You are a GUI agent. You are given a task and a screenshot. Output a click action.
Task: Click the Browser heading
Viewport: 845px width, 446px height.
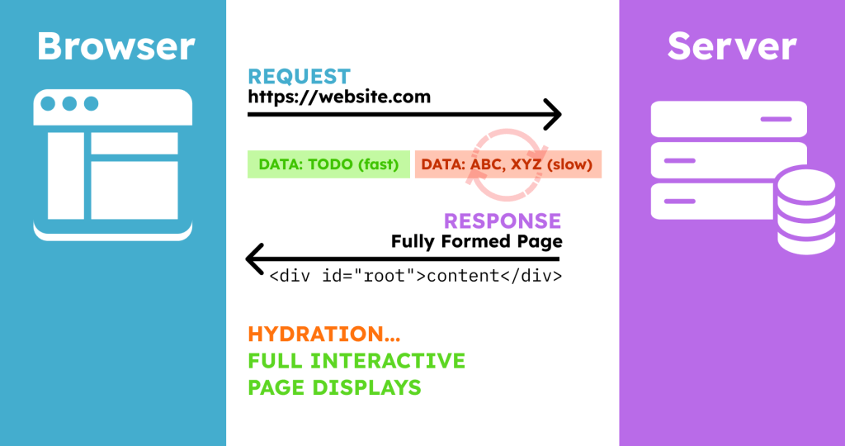pyautogui.click(x=116, y=46)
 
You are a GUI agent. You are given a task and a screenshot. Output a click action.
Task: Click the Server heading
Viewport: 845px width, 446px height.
pyautogui.click(x=732, y=46)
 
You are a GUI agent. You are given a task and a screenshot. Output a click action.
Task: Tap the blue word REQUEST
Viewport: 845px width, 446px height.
pyautogui.click(x=299, y=77)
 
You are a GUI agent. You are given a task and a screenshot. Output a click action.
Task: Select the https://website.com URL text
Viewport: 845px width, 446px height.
pyautogui.click(x=339, y=97)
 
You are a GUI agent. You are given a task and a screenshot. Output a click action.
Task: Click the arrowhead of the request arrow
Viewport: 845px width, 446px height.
pyautogui.click(x=554, y=114)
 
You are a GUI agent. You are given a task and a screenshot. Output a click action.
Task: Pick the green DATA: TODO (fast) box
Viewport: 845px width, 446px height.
pyautogui.click(x=328, y=164)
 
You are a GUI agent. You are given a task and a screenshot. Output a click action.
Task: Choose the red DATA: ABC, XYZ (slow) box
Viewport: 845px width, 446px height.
pyautogui.click(x=508, y=164)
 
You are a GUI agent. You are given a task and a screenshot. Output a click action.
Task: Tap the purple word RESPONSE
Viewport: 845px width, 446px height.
pyautogui.click(x=503, y=221)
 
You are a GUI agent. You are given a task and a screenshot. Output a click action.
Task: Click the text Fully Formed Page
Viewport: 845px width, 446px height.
pyautogui.click(x=476, y=241)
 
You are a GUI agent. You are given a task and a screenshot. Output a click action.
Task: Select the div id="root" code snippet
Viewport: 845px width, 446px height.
pyautogui.click(x=416, y=276)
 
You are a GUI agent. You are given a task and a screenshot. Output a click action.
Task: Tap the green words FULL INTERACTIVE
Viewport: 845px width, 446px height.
pyautogui.click(x=356, y=361)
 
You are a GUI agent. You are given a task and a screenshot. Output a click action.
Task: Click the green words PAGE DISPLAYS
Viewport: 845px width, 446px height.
pyautogui.click(x=335, y=387)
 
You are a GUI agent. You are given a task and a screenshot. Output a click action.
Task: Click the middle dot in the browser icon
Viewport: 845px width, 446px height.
pyautogui.click(x=69, y=103)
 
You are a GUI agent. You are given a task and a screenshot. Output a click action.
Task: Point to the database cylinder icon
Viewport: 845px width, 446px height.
pyautogui.click(x=806, y=211)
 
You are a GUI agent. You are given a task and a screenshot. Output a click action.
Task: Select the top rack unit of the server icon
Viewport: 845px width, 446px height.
pyautogui.click(x=729, y=119)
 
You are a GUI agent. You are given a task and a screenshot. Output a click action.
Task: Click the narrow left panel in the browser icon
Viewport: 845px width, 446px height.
pyautogui.click(x=66, y=176)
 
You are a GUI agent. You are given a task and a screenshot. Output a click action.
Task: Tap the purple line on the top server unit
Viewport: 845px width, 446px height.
pyautogui.click(x=776, y=119)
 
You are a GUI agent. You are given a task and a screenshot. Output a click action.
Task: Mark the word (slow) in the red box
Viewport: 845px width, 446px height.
pyautogui.click(x=569, y=164)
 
